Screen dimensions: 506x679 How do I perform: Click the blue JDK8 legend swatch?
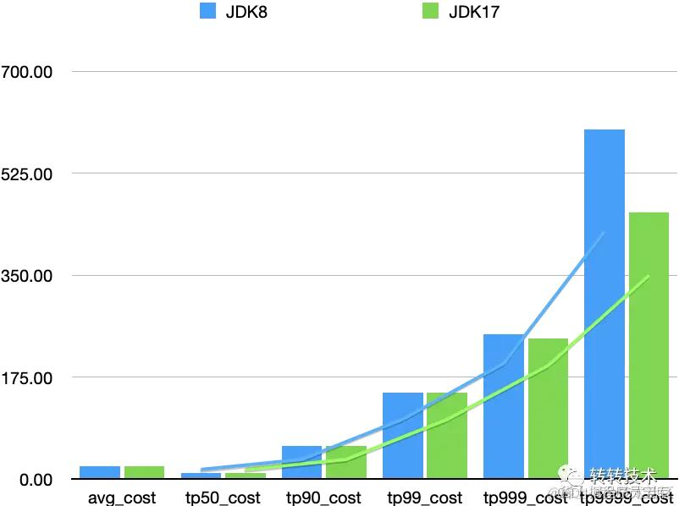208,12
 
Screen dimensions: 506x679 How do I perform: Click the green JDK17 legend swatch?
430,12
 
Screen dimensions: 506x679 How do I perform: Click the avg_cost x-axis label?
122,498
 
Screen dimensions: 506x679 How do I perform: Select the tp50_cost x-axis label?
224,498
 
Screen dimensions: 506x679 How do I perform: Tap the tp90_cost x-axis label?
323,498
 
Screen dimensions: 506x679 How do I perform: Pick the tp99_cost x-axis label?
424,498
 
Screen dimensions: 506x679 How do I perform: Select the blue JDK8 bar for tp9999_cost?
604,305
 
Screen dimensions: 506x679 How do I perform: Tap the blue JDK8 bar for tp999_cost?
504,406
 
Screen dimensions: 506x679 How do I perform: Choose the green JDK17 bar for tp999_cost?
548,409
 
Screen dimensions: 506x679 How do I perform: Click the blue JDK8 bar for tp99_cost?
403,436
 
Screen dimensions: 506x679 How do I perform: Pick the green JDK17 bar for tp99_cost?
447,436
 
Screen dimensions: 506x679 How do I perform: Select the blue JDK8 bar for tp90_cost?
302,462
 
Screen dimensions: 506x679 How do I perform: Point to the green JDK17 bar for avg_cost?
144,472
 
